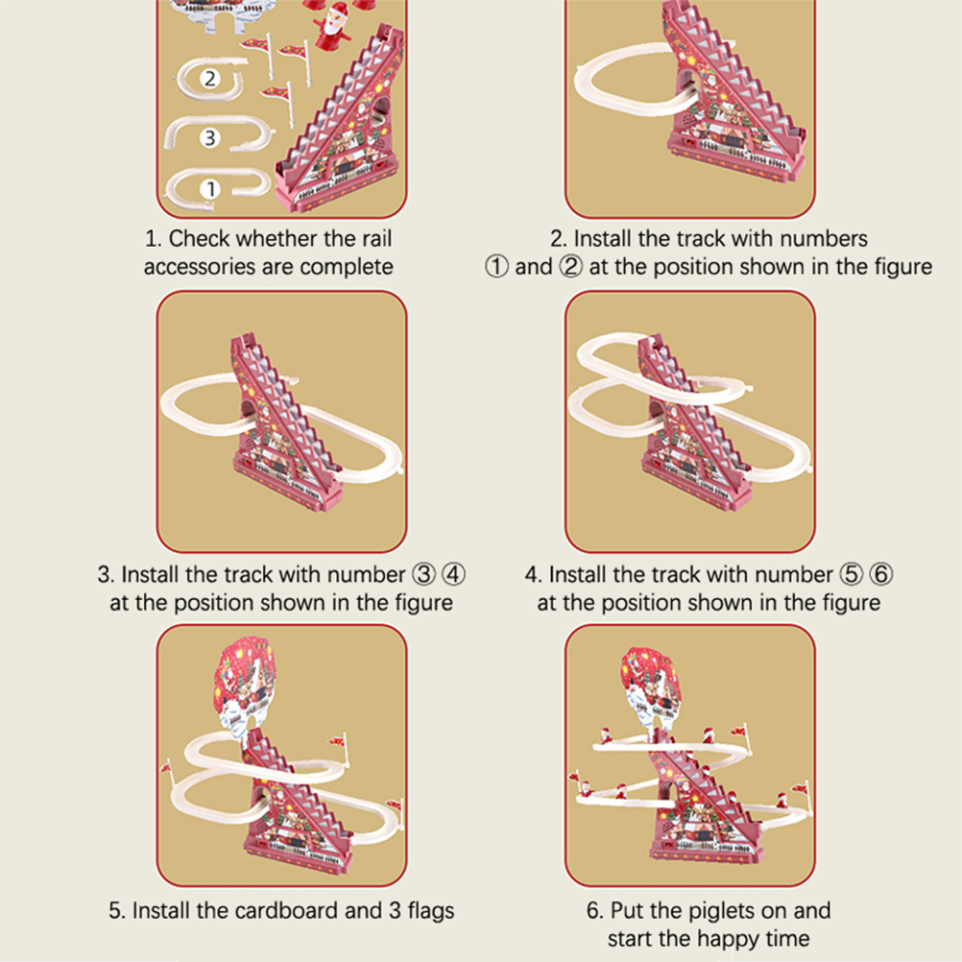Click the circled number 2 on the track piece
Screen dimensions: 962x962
(210, 79)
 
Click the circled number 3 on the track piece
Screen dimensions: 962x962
(210, 137)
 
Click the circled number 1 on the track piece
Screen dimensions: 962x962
(210, 188)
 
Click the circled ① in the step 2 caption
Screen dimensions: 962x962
(496, 267)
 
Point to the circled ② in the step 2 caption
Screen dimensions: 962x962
(570, 267)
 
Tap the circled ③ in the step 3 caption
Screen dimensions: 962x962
(423, 575)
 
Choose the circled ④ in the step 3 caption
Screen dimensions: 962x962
(453, 575)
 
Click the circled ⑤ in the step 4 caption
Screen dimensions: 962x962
(851, 575)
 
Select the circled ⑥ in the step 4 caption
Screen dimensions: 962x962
(881, 575)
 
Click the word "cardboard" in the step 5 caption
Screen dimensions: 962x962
(286, 910)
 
